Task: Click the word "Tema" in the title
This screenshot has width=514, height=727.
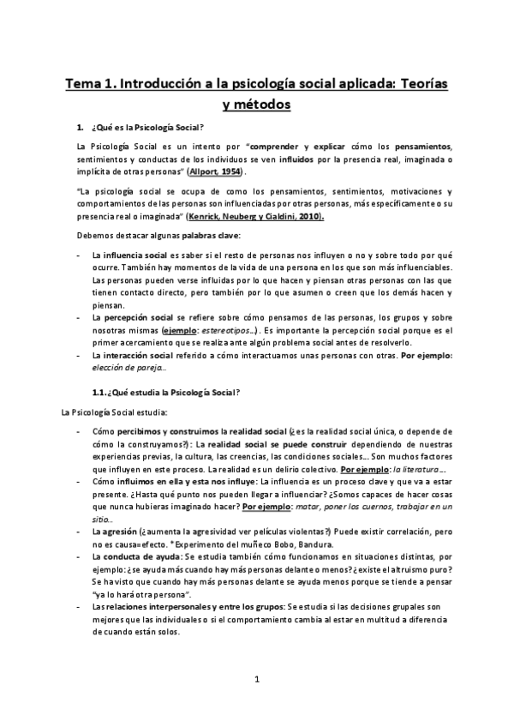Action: (x=87, y=85)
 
